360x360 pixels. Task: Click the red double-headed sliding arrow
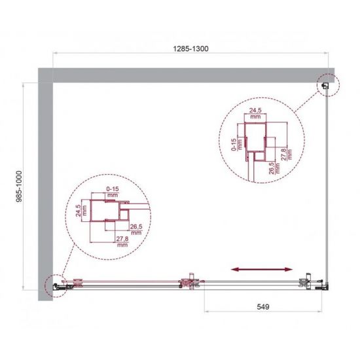[x=261, y=268]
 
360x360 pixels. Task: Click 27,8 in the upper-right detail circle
[x=283, y=156]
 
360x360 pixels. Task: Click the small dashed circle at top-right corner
[x=327, y=84]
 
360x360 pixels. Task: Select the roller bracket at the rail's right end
[x=304, y=283]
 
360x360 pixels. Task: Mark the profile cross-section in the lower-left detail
[x=108, y=213]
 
